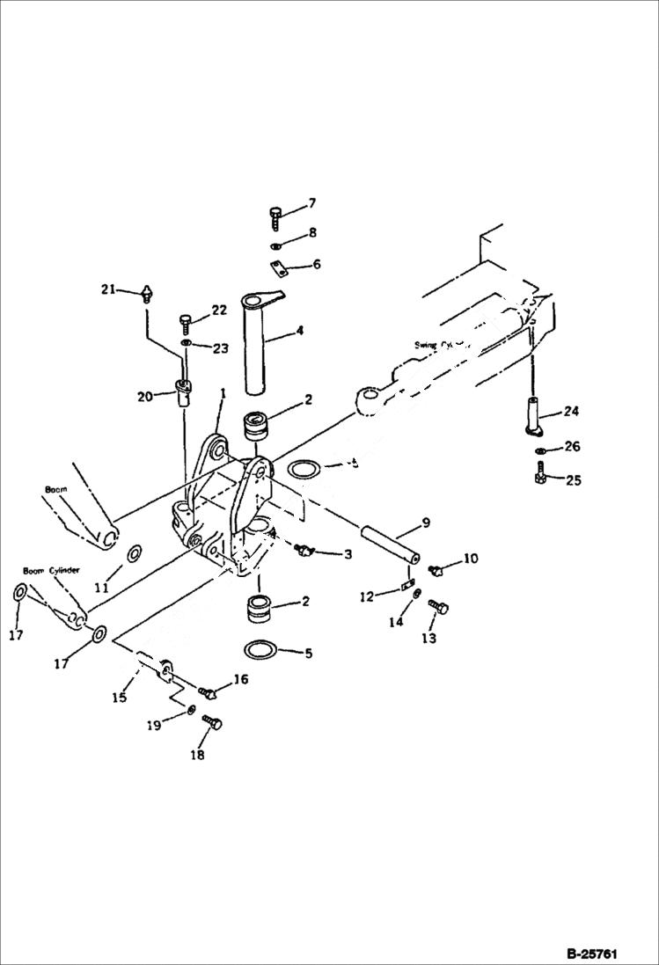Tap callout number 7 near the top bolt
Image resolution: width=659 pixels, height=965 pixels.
tap(311, 204)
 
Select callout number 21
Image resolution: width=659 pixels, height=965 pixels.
tap(107, 289)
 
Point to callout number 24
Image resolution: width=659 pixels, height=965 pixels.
tap(572, 410)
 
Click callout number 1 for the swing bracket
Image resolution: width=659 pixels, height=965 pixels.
tap(223, 393)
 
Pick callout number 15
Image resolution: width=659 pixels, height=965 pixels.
tap(119, 697)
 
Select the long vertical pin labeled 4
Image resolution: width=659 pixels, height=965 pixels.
tap(261, 343)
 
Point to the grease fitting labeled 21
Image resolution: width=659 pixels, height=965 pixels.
tap(147, 293)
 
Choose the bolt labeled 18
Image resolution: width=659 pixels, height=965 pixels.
tap(212, 724)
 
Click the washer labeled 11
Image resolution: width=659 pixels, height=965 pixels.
tap(135, 554)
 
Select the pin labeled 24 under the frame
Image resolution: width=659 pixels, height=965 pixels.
tap(534, 413)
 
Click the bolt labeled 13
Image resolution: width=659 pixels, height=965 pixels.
tap(438, 606)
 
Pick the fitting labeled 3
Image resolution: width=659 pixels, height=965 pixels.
tap(305, 551)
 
